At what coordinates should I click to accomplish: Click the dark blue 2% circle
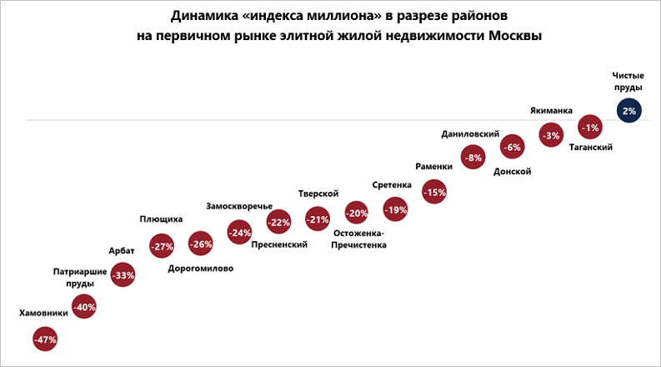(x=628, y=110)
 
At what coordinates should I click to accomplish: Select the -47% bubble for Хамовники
(x=45, y=339)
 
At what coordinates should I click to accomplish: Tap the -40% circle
(x=84, y=307)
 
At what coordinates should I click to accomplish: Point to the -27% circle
(x=162, y=246)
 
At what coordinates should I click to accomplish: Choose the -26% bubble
(x=201, y=244)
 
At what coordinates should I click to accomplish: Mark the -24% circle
(x=239, y=234)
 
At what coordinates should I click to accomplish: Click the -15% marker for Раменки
(x=434, y=192)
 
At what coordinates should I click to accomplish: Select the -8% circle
(x=473, y=158)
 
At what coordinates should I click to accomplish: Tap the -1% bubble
(x=590, y=128)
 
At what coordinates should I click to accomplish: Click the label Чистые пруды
(x=628, y=81)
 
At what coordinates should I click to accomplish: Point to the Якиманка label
(x=551, y=109)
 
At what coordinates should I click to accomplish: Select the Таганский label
(x=591, y=148)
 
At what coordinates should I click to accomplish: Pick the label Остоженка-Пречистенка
(x=358, y=239)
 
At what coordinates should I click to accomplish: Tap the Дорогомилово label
(x=201, y=269)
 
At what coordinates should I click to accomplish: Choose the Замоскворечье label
(x=239, y=206)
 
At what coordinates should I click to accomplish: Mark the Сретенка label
(x=393, y=185)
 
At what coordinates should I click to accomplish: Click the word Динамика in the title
(x=201, y=16)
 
